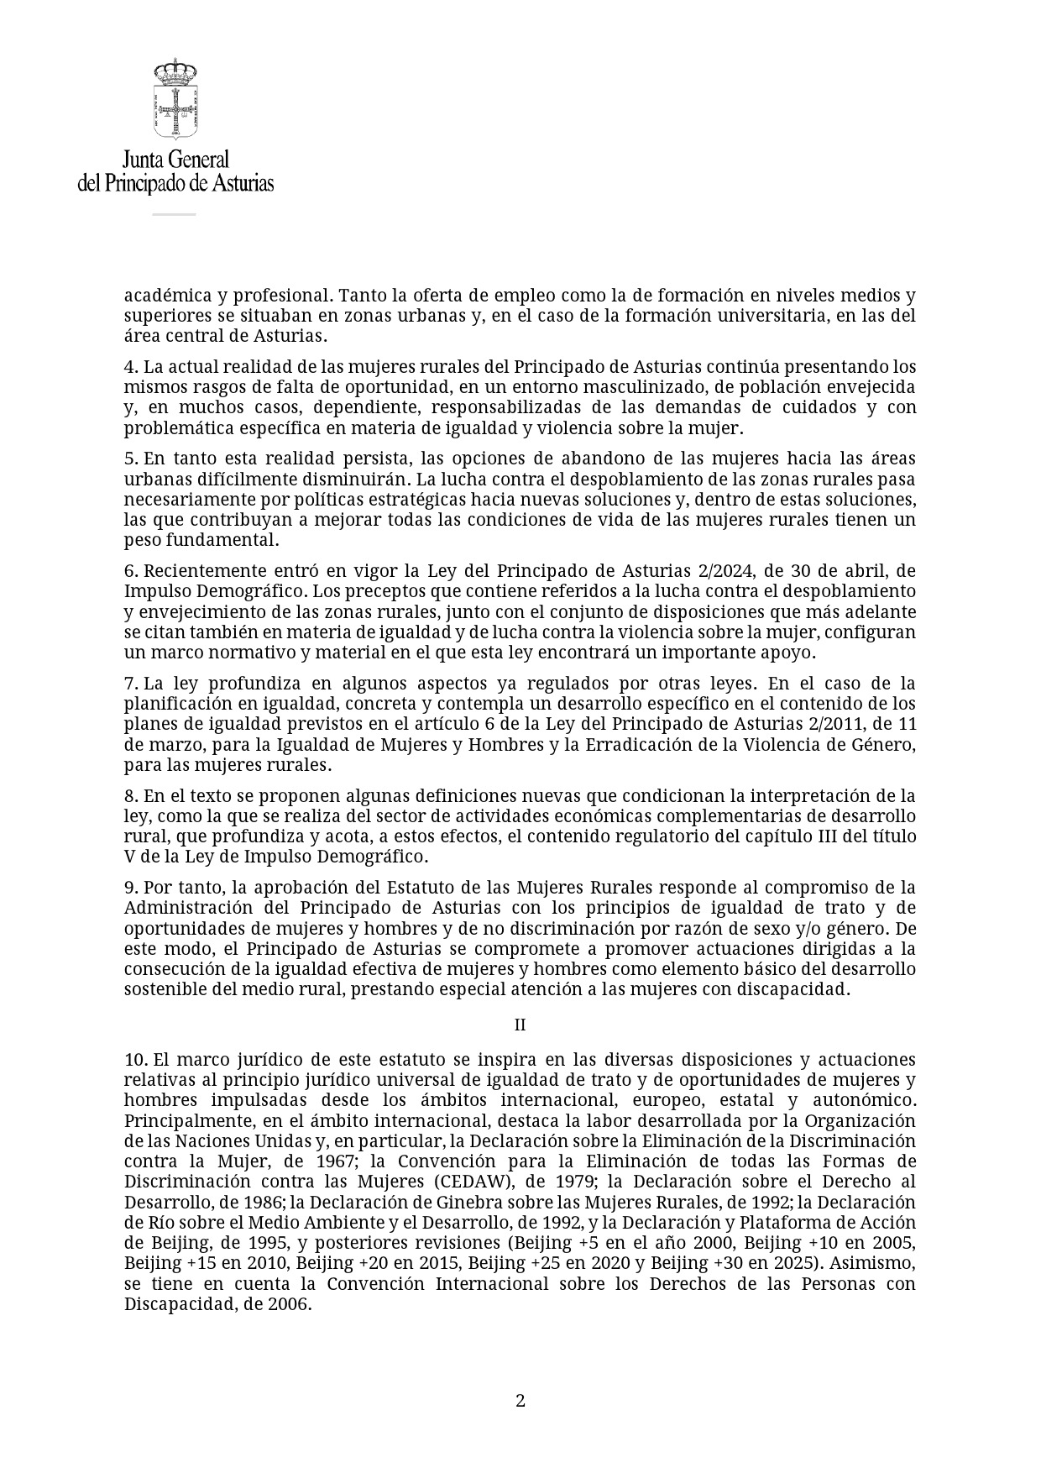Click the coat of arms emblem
(x=175, y=98)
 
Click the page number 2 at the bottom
(x=520, y=1400)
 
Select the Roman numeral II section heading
(x=520, y=1025)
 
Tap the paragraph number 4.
(x=130, y=367)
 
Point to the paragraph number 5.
(x=130, y=459)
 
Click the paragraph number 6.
(x=130, y=571)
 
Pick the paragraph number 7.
(x=130, y=684)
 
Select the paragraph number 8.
(x=130, y=796)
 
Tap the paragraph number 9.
(x=130, y=888)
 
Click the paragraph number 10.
(x=135, y=1060)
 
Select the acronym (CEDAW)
(x=471, y=1182)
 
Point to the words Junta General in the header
(x=175, y=160)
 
